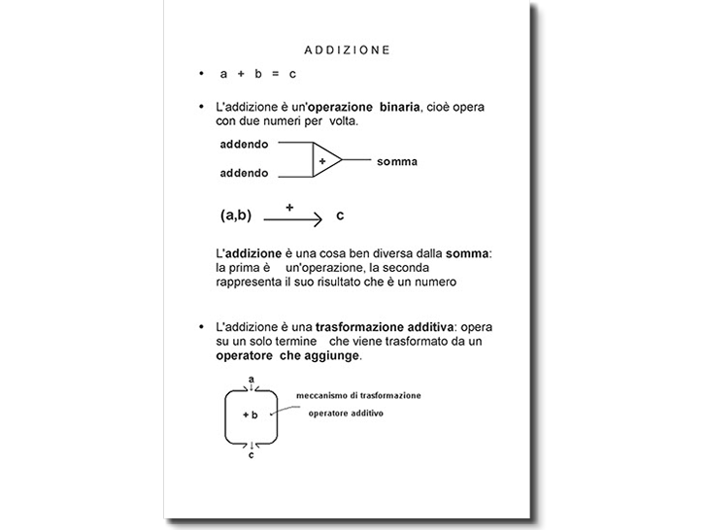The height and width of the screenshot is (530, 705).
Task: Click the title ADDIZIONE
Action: point(347,50)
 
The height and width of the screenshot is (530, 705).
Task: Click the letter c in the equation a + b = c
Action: point(292,74)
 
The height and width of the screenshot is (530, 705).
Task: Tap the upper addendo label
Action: point(244,145)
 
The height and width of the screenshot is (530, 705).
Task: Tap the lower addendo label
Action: point(244,173)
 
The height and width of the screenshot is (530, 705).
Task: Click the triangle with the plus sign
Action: point(324,160)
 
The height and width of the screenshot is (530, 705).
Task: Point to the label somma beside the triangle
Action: point(397,161)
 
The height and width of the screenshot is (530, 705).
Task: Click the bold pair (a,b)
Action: point(236,215)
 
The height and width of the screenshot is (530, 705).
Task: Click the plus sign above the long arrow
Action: point(289,207)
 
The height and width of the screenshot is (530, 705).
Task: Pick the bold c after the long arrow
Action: point(340,215)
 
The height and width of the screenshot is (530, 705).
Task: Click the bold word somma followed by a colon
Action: point(468,253)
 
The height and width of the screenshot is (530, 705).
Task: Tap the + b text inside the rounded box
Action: point(250,414)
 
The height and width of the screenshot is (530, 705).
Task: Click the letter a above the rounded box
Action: point(252,379)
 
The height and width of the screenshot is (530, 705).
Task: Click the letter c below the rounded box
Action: point(252,454)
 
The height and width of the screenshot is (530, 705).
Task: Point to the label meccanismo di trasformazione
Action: point(358,396)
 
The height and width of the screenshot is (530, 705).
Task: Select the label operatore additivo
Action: point(346,414)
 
